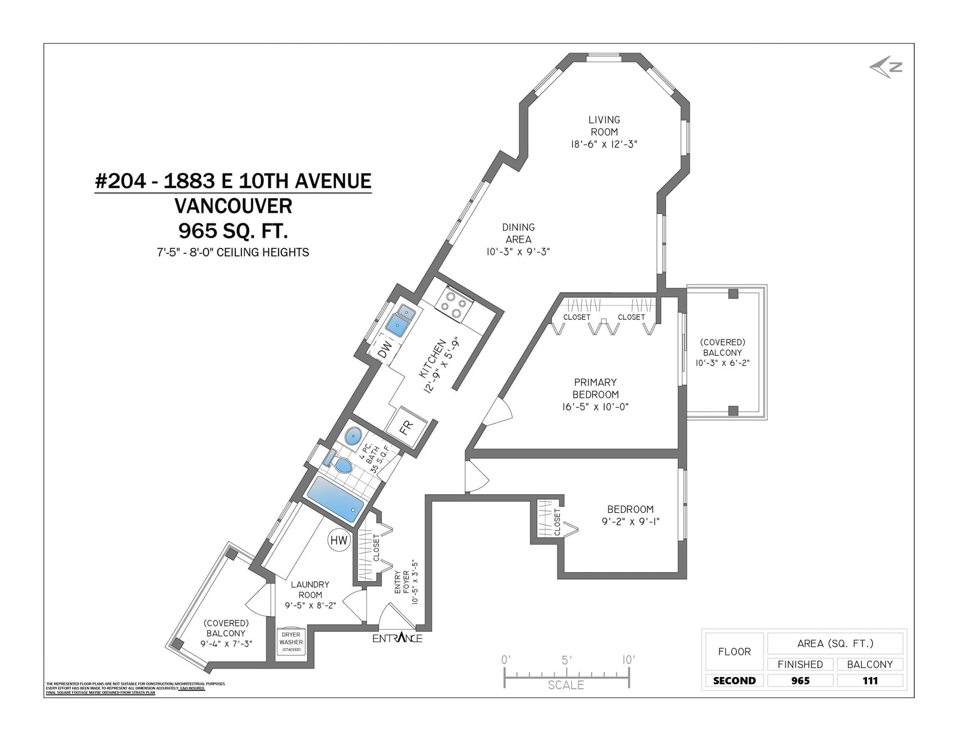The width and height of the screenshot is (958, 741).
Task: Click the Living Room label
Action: (x=604, y=126)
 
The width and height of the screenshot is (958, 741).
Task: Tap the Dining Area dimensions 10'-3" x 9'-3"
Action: (x=518, y=252)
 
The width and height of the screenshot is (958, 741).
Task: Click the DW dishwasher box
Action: (x=386, y=347)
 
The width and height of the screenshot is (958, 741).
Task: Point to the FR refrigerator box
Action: (x=407, y=428)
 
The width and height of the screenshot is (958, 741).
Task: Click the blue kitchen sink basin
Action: (x=397, y=325)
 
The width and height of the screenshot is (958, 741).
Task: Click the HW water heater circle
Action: (x=338, y=540)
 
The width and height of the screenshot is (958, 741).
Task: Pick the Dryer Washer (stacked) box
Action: (x=291, y=642)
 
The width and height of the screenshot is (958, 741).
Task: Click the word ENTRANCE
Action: (x=397, y=638)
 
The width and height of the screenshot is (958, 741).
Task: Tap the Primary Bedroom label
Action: (x=595, y=388)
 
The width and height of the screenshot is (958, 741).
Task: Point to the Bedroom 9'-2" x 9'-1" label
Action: (x=630, y=515)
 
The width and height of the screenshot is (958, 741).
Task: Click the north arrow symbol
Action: (x=886, y=68)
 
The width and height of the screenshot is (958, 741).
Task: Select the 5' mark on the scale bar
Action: (x=566, y=660)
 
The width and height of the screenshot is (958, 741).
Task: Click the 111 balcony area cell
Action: (x=869, y=680)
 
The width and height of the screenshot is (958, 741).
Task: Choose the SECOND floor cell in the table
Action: (x=734, y=680)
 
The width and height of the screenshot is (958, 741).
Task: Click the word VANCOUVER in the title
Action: (x=233, y=206)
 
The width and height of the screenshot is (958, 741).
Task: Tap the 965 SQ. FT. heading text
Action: (x=233, y=231)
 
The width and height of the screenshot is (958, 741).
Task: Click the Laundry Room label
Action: (x=310, y=589)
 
